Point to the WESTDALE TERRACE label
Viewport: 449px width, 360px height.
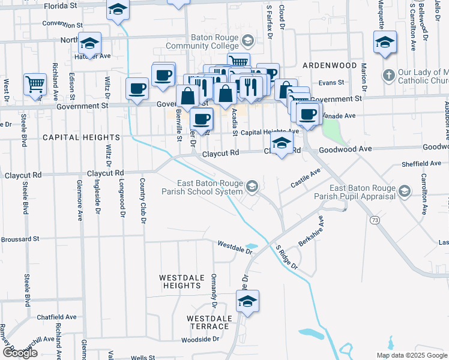pos(208,322)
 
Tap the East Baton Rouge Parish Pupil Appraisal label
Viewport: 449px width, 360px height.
pos(354,191)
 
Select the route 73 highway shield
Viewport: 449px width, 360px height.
pos(375,221)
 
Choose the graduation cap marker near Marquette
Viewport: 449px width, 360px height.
pos(384,42)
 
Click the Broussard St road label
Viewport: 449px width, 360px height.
pos(20,238)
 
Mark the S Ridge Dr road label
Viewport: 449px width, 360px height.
pos(287,256)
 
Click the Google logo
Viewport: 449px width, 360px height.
pos(20,353)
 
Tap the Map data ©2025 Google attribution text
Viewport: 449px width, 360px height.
pos(411,355)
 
